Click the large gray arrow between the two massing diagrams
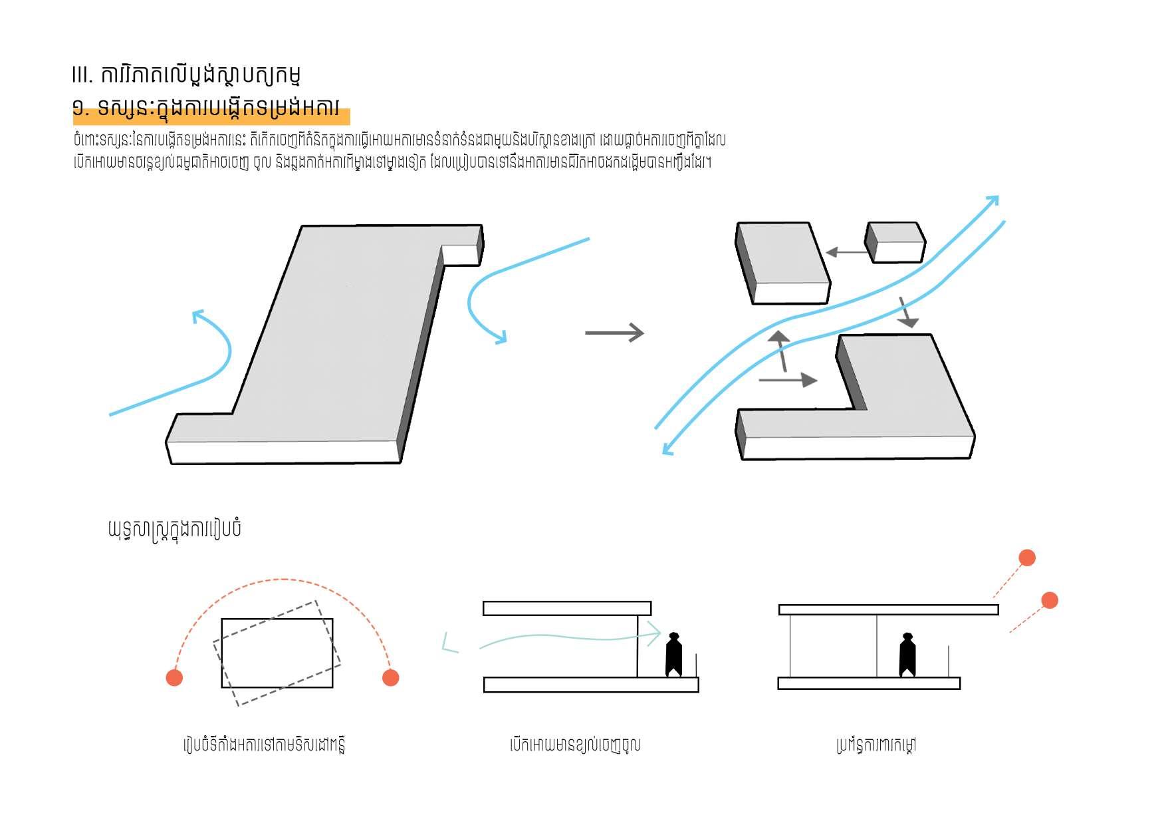[x=614, y=333]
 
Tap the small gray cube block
[x=895, y=242]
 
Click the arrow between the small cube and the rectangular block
[x=846, y=252]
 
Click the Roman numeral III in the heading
[x=82, y=75]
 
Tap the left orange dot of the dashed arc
[x=174, y=677]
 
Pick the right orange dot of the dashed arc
[x=391, y=677]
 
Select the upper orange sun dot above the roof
[x=1027, y=558]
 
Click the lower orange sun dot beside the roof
[x=1050, y=600]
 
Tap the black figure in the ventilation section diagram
[x=674, y=655]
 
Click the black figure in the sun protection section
[x=907, y=655]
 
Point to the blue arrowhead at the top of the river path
[x=992, y=200]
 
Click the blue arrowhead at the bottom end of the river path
[x=667, y=450]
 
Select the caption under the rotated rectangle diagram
[x=265, y=744]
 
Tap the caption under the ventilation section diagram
[x=575, y=744]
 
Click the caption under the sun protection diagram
[x=876, y=744]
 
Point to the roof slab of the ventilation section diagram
[x=566, y=608]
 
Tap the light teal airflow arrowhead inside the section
[x=655, y=634]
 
